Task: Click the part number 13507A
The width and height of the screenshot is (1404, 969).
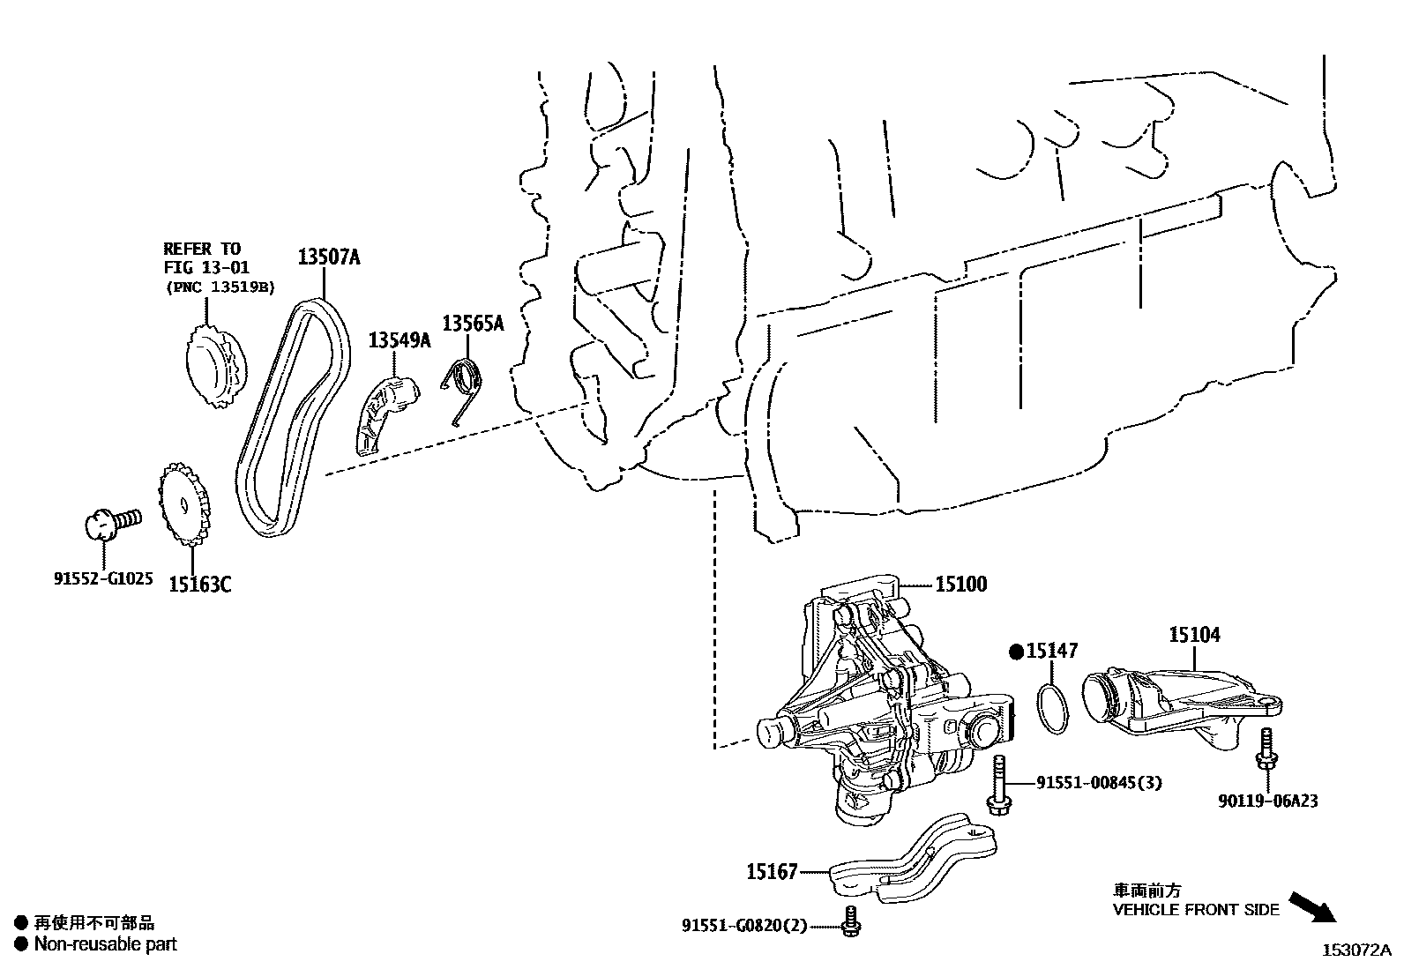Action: click(329, 257)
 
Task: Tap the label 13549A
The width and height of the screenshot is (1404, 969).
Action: click(399, 339)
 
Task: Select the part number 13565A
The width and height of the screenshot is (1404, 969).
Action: click(473, 324)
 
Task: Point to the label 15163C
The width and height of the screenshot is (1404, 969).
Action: click(200, 584)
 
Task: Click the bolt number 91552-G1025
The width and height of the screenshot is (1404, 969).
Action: click(103, 579)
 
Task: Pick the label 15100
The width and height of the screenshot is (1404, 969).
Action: click(961, 584)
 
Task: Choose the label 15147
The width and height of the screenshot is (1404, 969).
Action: click(1052, 652)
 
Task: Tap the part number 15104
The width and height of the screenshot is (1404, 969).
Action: click(1195, 634)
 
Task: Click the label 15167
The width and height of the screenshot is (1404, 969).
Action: click(772, 872)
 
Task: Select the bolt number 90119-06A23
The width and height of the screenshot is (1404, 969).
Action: click(1268, 801)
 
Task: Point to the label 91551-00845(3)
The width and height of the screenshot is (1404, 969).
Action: click(1093, 782)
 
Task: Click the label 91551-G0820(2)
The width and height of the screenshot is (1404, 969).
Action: click(744, 925)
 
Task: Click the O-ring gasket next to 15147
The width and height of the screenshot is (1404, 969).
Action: click(1052, 708)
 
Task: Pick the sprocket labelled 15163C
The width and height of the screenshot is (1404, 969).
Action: click(183, 505)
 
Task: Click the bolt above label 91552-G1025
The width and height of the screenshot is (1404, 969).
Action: click(110, 522)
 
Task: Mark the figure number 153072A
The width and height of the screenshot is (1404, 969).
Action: click(1355, 950)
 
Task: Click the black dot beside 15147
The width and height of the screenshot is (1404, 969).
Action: click(1016, 652)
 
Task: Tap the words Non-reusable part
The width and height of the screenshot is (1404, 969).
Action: click(105, 944)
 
